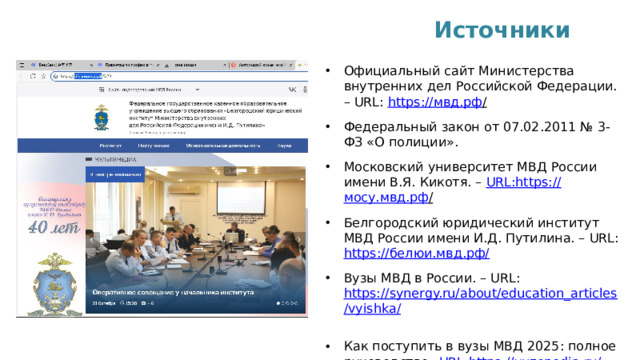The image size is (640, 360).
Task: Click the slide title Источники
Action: [x=503, y=29]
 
